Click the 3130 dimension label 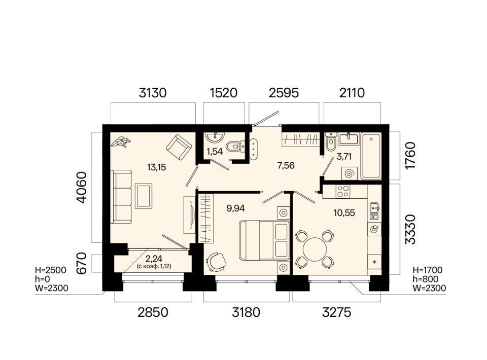153,93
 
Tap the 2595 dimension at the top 284,93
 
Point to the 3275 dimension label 337,312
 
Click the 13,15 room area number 157,168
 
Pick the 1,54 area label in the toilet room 215,152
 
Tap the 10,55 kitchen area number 344,213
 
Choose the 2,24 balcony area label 154,258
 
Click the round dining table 315,249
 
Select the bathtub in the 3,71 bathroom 371,156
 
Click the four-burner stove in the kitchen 343,192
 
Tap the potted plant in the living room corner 121,142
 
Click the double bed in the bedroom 265,240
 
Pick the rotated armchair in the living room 179,147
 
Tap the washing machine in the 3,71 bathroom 350,173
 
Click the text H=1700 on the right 427,270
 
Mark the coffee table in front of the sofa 144,196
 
